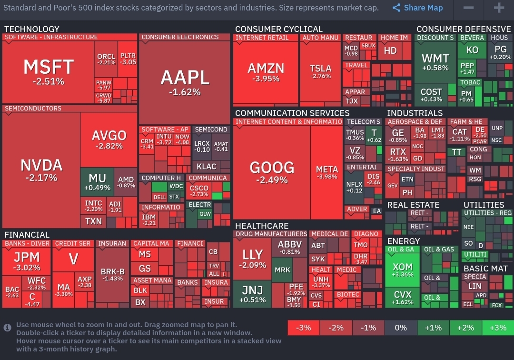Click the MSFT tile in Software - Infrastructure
click(x=49, y=71)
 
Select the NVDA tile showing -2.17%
click(x=41, y=170)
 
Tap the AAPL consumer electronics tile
click(x=185, y=81)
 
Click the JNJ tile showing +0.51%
click(x=252, y=294)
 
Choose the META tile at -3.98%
click(x=326, y=172)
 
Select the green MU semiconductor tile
click(x=97, y=182)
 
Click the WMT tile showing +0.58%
click(x=435, y=62)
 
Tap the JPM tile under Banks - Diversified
click(x=27, y=261)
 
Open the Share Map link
click(x=417, y=8)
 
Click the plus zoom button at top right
click(x=499, y=8)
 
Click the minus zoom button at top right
click(x=468, y=8)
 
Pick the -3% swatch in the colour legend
click(x=303, y=328)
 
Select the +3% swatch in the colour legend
click(x=497, y=328)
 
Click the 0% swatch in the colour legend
click(x=401, y=328)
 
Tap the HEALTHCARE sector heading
click(x=261, y=226)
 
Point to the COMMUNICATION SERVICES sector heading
click(x=292, y=113)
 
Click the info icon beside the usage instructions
click(x=8, y=328)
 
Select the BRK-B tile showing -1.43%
click(x=112, y=275)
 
